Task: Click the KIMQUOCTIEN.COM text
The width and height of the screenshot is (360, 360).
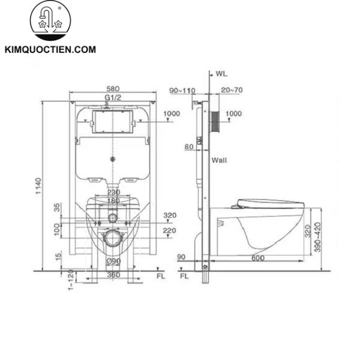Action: [50, 50]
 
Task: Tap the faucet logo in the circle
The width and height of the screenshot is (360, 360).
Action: [50, 20]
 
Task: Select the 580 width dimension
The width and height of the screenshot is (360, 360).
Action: [113, 88]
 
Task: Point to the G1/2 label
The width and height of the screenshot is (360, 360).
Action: [113, 97]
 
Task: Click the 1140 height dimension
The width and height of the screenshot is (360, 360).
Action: [38, 186]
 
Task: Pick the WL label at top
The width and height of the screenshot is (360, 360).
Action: [221, 74]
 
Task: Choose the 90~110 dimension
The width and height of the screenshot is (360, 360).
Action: [182, 90]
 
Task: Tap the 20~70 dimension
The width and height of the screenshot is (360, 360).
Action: [232, 90]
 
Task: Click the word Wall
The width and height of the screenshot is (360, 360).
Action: [219, 160]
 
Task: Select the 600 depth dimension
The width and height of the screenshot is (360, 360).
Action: [258, 258]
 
